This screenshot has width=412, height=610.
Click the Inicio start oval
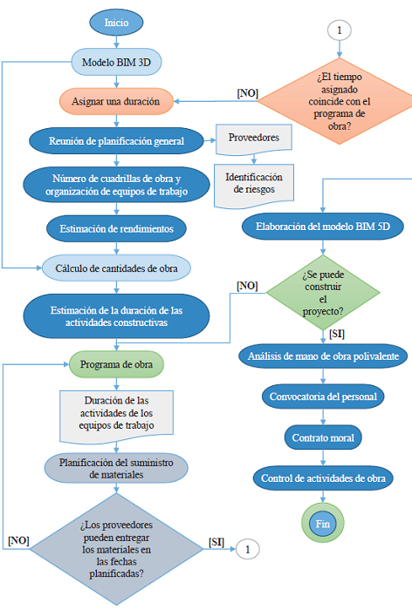(116, 22)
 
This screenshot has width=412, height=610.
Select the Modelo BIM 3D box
(116, 62)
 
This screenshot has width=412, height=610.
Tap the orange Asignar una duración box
(116, 101)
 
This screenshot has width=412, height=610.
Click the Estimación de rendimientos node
(116, 228)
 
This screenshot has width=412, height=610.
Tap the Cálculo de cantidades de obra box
(116, 266)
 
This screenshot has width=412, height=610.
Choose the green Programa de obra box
(116, 363)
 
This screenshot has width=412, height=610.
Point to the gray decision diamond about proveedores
(116, 548)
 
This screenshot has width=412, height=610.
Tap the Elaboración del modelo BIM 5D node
(324, 226)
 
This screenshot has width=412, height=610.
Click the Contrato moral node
(324, 437)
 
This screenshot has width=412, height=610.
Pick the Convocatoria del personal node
(324, 396)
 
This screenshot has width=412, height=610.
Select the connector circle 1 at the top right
(339, 30)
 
